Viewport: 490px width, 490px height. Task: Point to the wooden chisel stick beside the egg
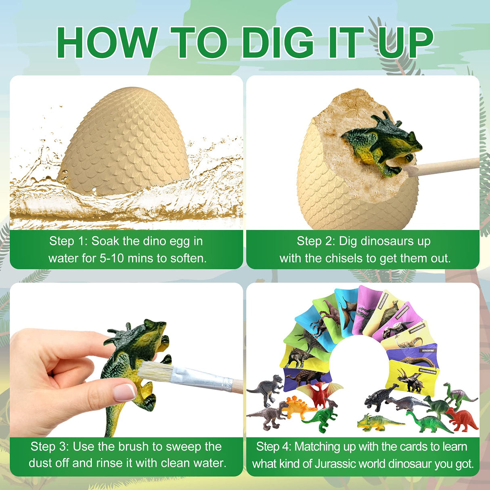coord(444,166)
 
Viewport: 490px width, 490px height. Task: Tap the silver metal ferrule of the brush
coord(198,379)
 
